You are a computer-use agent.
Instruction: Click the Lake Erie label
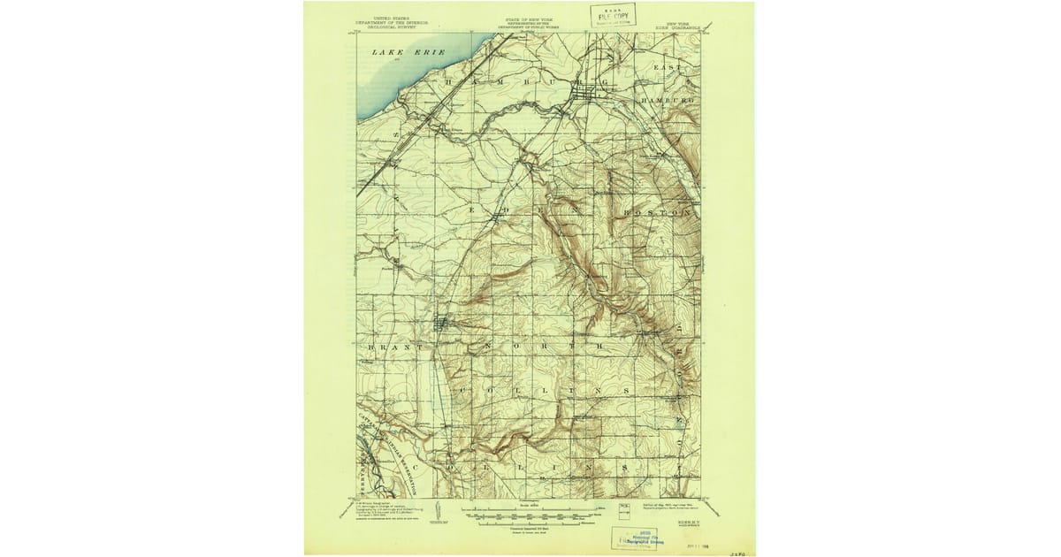click(395, 53)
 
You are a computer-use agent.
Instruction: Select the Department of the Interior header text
click(392, 23)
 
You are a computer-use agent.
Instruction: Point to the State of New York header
click(528, 23)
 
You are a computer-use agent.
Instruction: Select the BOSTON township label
click(655, 213)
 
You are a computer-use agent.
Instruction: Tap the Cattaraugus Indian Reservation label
click(397, 441)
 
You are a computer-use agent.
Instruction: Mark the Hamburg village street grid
click(584, 92)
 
